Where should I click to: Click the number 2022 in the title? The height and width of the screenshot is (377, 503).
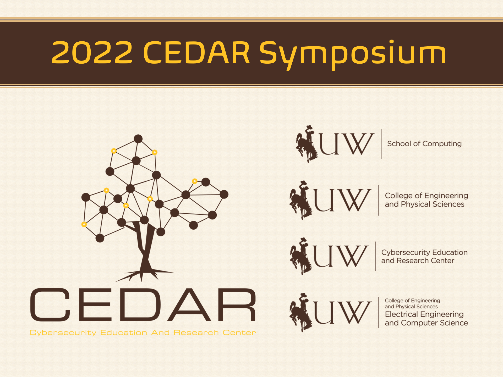click(92, 53)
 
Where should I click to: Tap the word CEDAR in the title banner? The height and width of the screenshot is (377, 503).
click(196, 53)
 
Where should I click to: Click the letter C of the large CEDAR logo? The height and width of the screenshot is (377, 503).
click(50, 305)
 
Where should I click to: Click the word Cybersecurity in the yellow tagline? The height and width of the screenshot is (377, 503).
click(63, 333)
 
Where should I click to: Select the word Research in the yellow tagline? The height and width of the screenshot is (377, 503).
click(196, 332)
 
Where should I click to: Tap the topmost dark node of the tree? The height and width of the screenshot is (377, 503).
click(138, 139)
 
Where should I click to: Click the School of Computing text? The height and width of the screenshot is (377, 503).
click(424, 144)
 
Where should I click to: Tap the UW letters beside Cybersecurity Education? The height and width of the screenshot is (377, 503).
click(341, 256)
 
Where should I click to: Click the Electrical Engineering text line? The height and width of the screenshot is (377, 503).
click(424, 314)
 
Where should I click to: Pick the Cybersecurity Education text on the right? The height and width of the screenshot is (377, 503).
click(424, 252)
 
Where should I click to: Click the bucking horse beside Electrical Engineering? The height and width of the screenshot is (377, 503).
click(300, 312)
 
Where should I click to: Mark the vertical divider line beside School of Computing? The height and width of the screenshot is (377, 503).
click(381, 144)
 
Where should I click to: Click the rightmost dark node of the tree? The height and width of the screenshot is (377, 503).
click(224, 194)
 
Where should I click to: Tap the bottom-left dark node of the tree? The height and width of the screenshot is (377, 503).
click(100, 238)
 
